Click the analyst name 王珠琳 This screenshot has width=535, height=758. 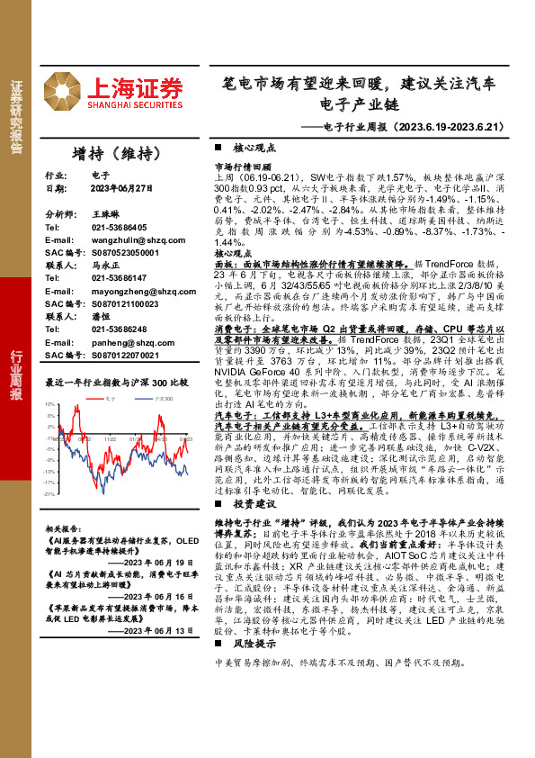coord(105,215)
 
